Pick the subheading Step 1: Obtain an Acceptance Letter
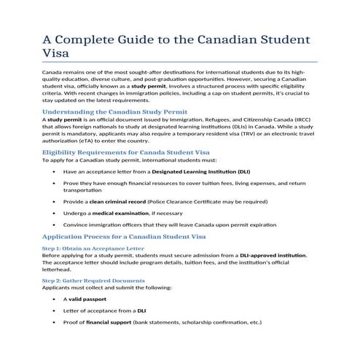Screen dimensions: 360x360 pos(87,249)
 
